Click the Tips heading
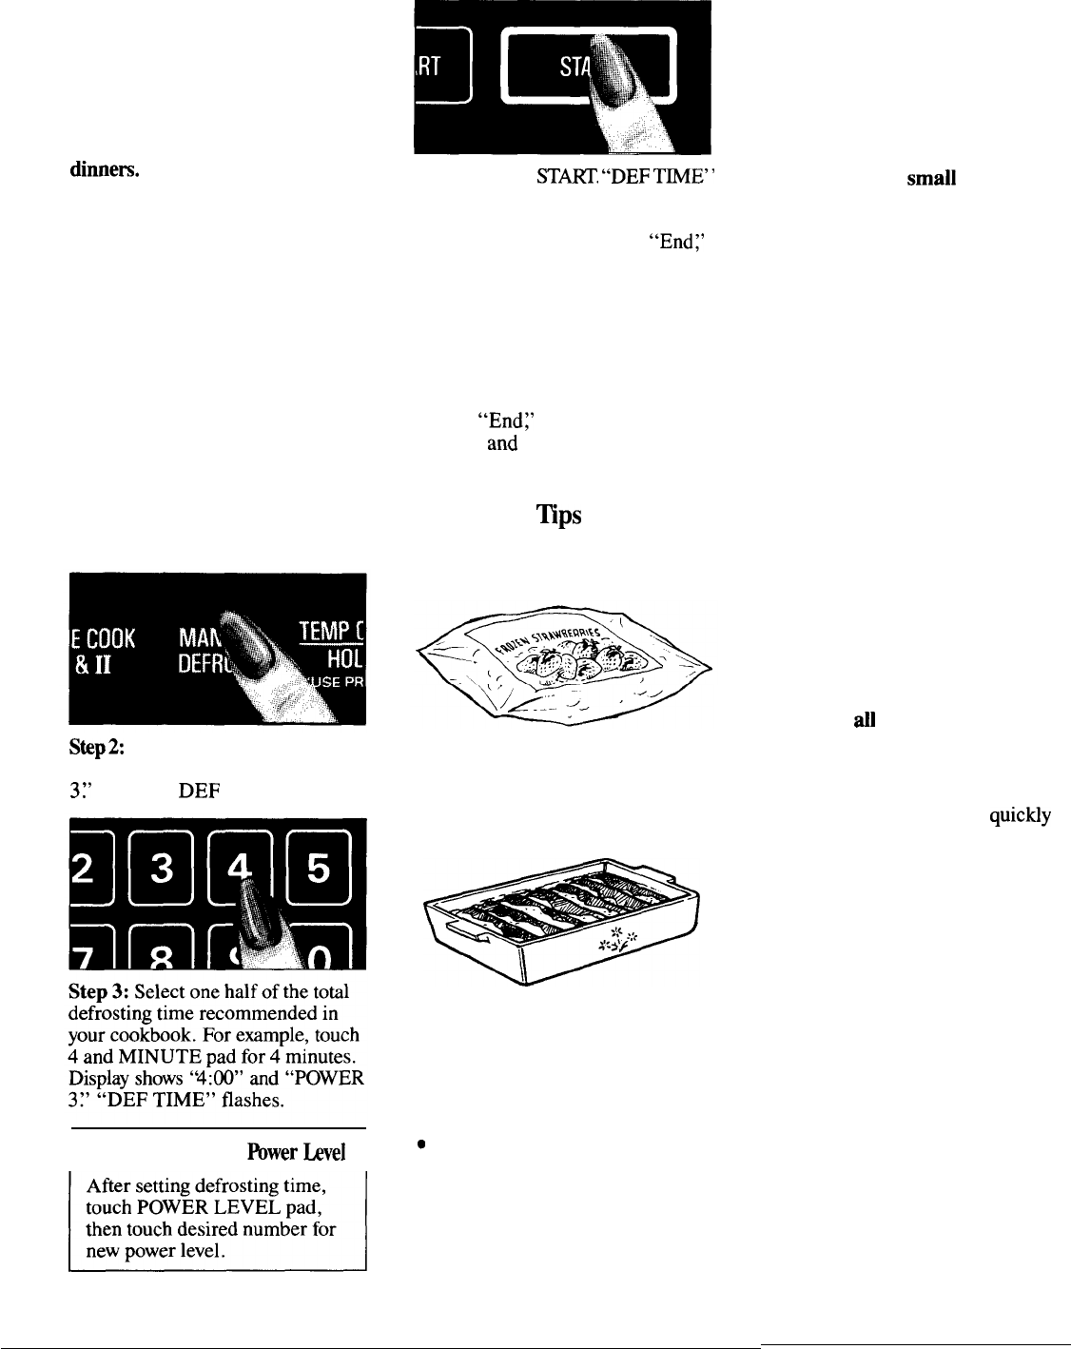[558, 516]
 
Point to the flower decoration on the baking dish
[616, 940]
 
